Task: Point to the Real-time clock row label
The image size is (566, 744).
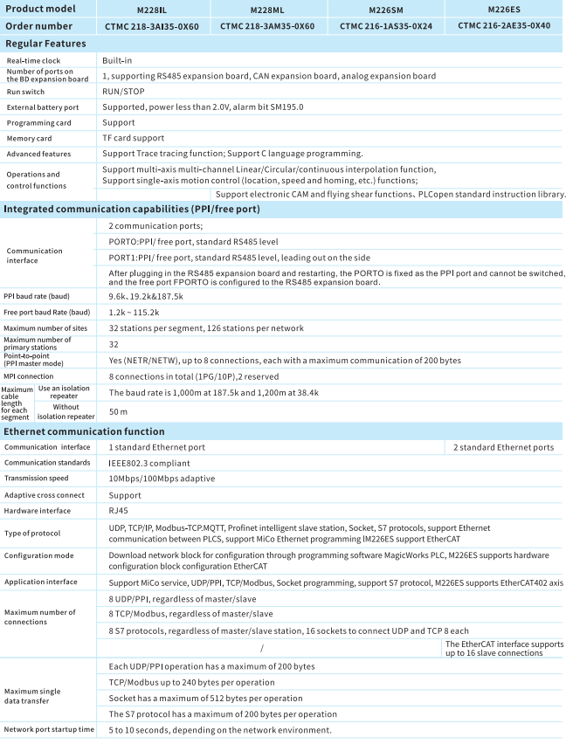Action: pyautogui.click(x=34, y=61)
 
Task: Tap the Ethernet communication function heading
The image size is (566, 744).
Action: pyautogui.click(x=84, y=431)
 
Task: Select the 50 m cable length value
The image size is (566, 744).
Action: pyautogui.click(x=115, y=410)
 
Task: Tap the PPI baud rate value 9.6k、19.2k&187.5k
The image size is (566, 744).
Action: pyautogui.click(x=145, y=295)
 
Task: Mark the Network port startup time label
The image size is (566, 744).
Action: pyautogui.click(x=49, y=730)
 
